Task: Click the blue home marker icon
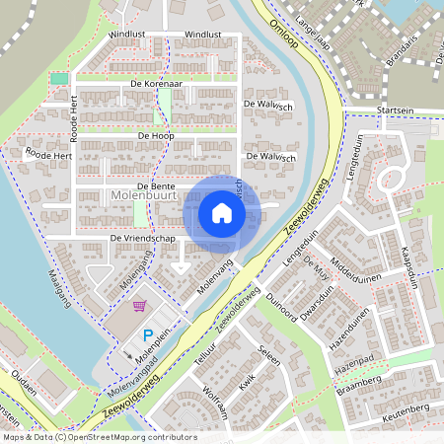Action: click(222, 213)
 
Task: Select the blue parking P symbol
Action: click(148, 335)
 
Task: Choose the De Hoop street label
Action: click(156, 134)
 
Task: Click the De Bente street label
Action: click(156, 185)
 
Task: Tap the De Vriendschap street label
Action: click(142, 239)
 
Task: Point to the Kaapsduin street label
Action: click(412, 266)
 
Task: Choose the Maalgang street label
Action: click(61, 287)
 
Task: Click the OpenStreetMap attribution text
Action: click(100, 436)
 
